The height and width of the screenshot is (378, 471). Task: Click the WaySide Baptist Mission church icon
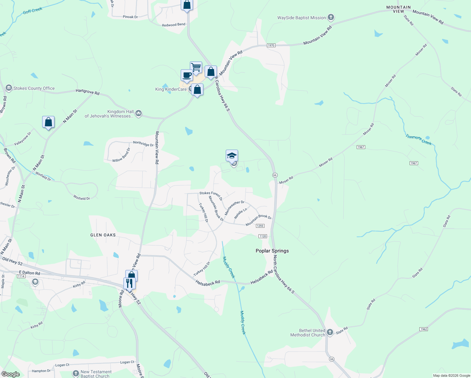tap(331, 17)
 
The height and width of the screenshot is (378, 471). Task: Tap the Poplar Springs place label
tap(272, 251)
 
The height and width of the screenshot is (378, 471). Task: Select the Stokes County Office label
tap(34, 88)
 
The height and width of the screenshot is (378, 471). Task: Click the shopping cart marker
tap(196, 67)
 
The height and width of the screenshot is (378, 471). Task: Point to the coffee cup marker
tap(187, 76)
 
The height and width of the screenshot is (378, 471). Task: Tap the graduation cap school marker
tap(232, 156)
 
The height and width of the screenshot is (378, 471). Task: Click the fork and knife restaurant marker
tap(129, 283)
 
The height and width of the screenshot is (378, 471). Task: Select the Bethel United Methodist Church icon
tap(330, 332)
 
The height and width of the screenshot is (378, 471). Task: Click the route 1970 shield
tap(271, 45)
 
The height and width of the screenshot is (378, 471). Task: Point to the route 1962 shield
tap(423, 329)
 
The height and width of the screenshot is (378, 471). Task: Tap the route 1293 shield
tap(260, 226)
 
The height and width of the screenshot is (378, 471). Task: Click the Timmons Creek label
tap(418, 140)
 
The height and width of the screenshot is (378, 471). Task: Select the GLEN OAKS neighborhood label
tap(103, 235)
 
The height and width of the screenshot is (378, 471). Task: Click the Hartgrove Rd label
tap(88, 92)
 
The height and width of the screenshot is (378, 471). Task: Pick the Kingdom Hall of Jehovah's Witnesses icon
tap(138, 113)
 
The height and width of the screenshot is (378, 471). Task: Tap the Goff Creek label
tap(32, 11)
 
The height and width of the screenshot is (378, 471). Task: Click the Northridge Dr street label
tap(143, 144)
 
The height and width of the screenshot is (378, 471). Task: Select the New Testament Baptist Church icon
tap(76, 374)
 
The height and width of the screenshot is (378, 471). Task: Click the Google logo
tap(10, 374)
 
